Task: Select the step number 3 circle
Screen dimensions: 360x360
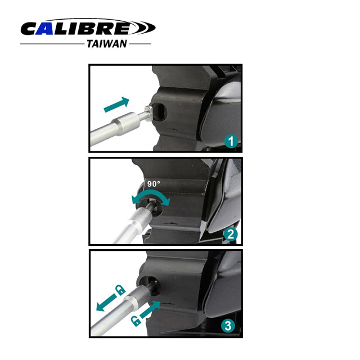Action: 228,325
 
